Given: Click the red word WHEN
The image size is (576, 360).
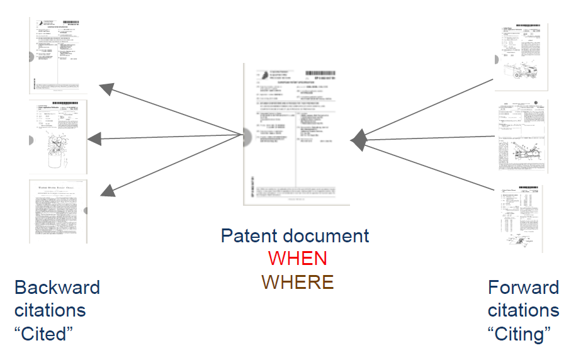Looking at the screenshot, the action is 297,259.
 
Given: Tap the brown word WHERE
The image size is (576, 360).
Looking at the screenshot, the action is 297,281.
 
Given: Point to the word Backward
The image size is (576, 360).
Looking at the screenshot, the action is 57,288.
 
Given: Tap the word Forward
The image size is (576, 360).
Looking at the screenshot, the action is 523,288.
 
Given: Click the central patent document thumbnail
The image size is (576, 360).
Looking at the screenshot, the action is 296,133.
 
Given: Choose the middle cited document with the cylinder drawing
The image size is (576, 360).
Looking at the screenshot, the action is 59,137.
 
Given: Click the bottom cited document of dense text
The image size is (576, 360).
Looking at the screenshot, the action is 59,212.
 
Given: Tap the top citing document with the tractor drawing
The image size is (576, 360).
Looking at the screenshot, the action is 522,59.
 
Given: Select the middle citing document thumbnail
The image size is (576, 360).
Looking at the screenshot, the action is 522,137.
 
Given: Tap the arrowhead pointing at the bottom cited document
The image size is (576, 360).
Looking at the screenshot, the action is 106,188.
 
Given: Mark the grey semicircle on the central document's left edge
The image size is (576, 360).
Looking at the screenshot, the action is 247,135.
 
